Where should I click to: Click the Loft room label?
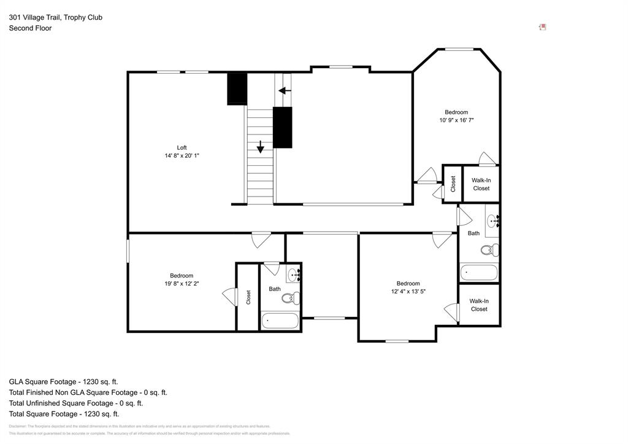coord(182,147)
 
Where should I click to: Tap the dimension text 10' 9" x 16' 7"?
coord(456,121)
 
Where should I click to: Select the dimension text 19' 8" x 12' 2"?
coord(182,284)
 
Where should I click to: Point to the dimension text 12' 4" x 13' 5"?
coord(408,292)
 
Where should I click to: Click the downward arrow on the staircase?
coord(261,147)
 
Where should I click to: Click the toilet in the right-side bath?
coord(489,250)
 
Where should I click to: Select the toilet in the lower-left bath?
coord(289,298)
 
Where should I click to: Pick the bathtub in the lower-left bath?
coord(280,321)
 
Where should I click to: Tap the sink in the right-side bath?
coord(493,221)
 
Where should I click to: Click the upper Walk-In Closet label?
coord(481,184)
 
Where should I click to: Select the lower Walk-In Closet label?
coord(479,305)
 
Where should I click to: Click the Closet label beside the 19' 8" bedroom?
coord(248,297)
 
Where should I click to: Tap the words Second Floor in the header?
coord(30,28)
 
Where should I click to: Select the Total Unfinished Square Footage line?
coord(75,403)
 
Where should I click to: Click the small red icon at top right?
coord(542,27)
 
